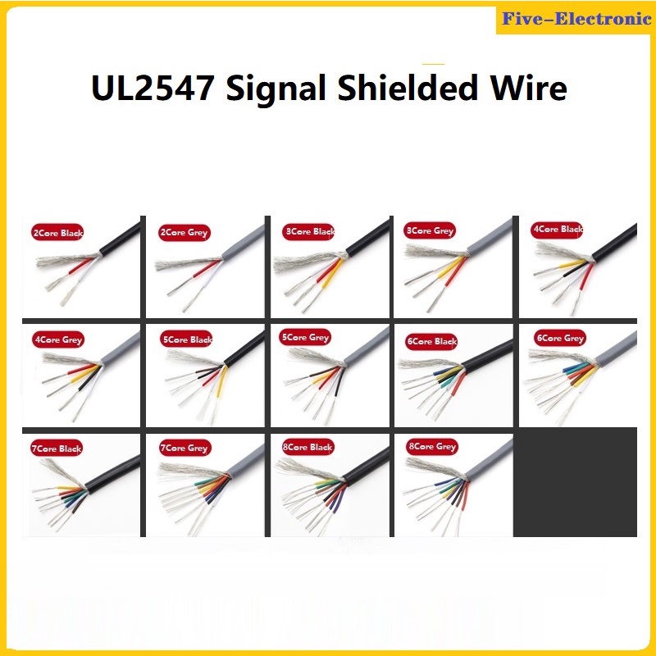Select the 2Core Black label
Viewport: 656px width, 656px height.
(x=57, y=234)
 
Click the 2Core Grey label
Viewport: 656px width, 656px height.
(x=184, y=233)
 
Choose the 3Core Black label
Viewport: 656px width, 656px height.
(x=310, y=232)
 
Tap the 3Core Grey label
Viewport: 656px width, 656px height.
(x=430, y=231)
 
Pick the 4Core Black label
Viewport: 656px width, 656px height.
(x=557, y=230)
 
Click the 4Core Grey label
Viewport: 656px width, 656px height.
(x=58, y=339)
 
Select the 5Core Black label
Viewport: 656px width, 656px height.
(x=188, y=339)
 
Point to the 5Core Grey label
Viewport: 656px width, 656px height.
(x=305, y=338)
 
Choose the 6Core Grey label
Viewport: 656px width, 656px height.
(x=559, y=338)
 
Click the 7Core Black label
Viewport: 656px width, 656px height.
(x=57, y=449)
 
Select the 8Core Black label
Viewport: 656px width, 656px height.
(x=307, y=448)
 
